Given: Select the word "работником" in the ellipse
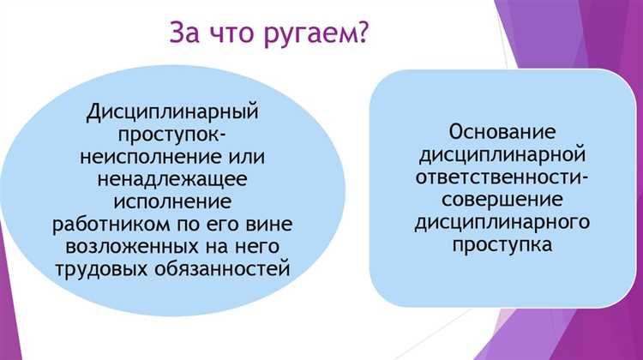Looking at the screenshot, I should (125, 225).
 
